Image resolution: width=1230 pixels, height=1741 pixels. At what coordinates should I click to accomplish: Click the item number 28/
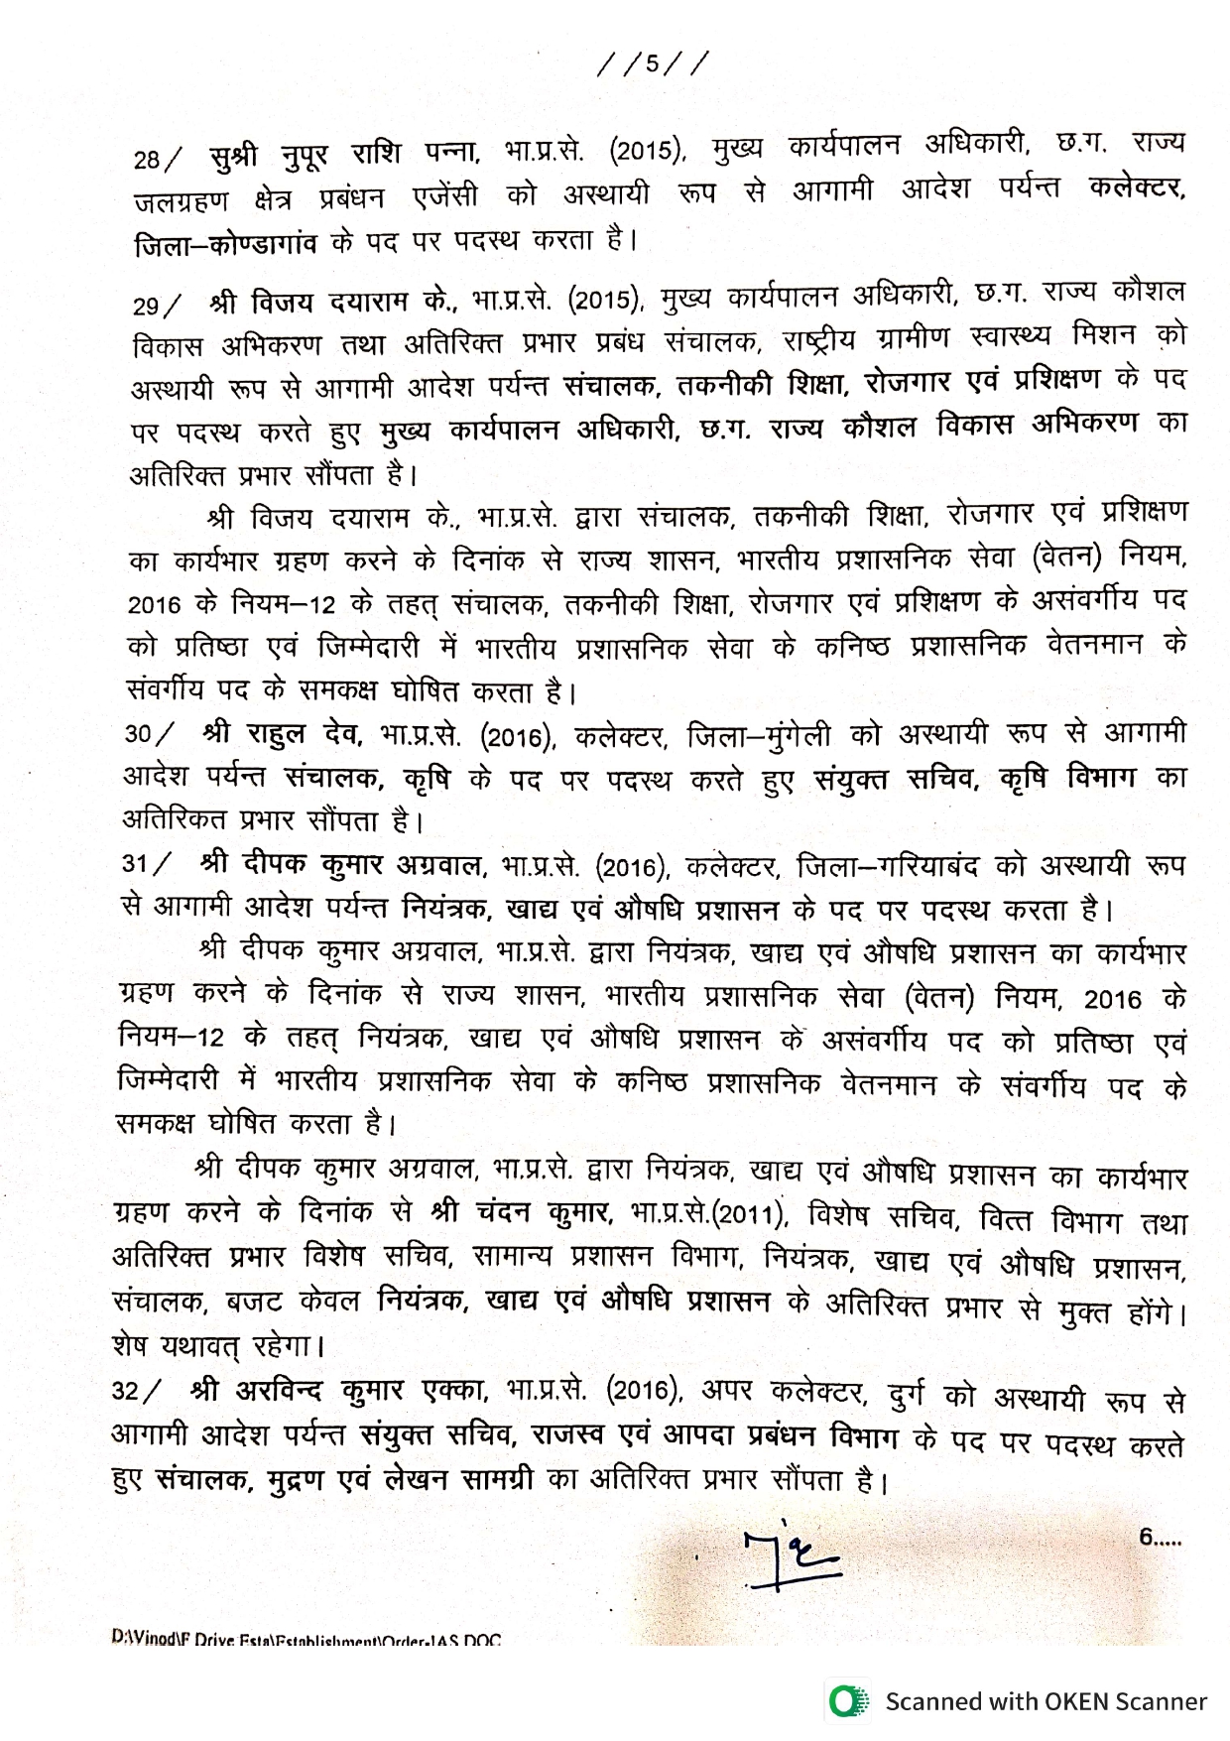coord(158,159)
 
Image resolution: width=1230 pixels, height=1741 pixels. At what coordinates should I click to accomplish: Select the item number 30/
coord(149,734)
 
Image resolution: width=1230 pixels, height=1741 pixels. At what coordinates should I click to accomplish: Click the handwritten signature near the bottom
coord(791,1559)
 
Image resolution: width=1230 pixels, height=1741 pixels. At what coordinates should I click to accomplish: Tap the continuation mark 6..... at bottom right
coord(1160,1538)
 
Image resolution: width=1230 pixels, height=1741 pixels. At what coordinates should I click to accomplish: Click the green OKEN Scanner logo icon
coord(846,1701)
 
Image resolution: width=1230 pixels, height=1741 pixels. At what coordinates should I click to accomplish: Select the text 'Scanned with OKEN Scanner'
coord(1045,1701)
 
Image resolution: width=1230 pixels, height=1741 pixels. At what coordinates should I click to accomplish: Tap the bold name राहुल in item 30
coord(276,734)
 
